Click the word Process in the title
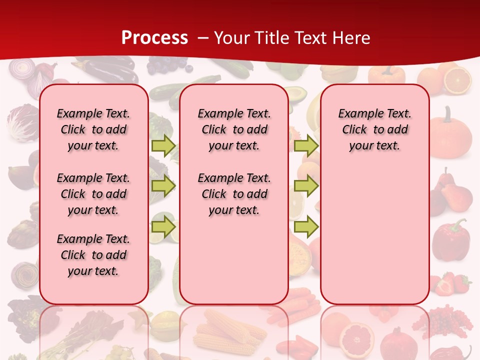point(154,37)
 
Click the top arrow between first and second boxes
point(163,145)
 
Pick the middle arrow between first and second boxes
point(163,186)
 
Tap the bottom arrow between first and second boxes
point(163,226)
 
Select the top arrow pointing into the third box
point(306,145)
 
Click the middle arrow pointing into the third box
point(306,186)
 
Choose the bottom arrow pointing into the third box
point(306,227)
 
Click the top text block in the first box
point(93,129)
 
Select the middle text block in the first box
point(93,194)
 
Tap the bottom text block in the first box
point(93,255)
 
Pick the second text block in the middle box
point(234,194)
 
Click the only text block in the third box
point(374,129)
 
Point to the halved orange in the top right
point(457,80)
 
